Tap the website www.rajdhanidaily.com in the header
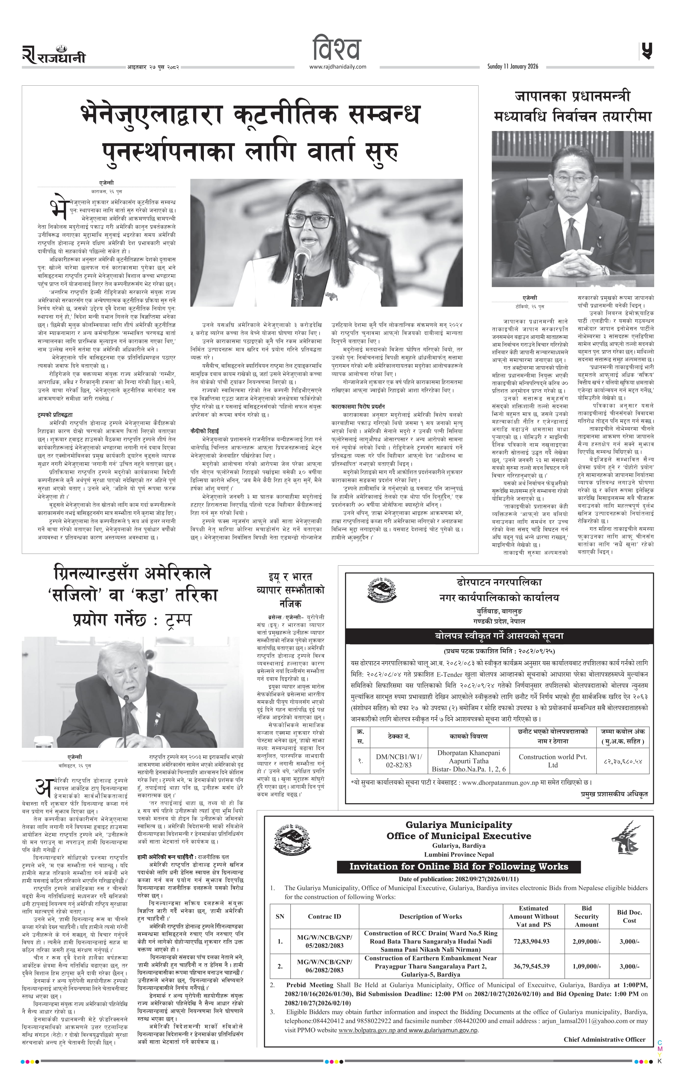point(338,67)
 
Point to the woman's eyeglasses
point(313,220)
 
